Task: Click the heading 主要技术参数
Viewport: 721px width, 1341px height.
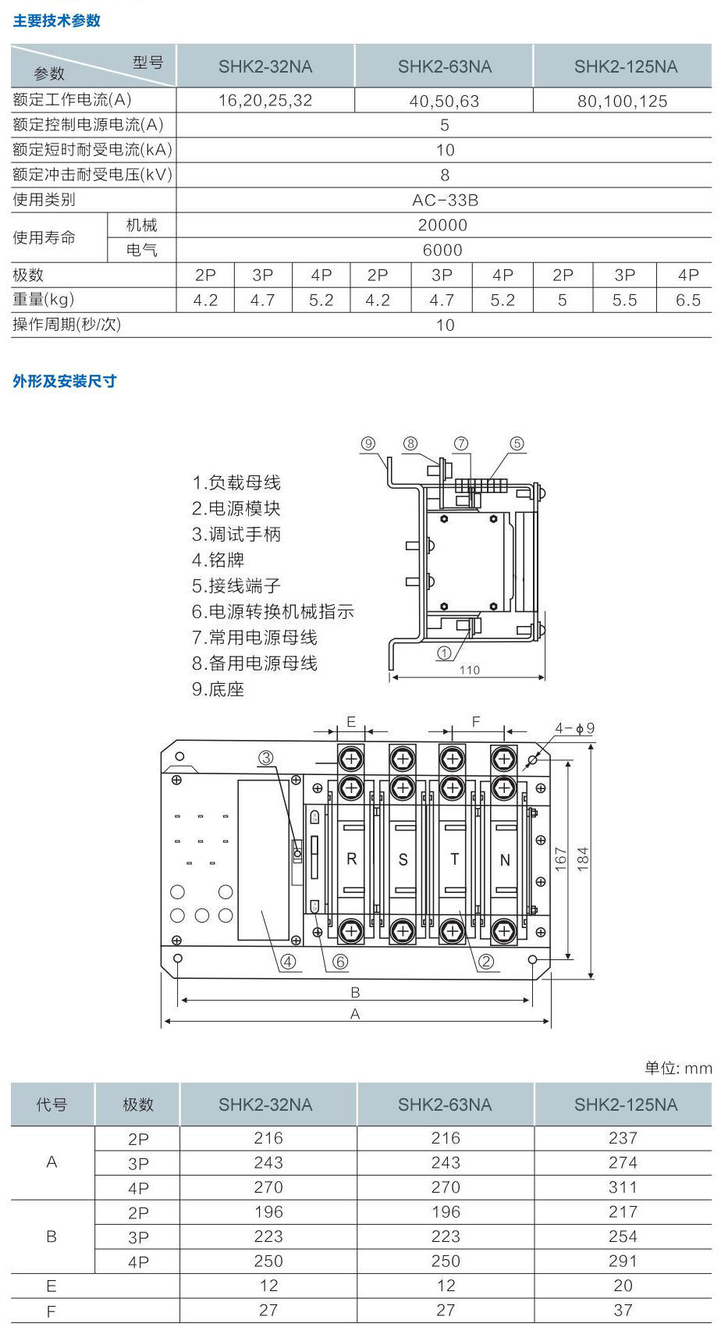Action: (x=57, y=21)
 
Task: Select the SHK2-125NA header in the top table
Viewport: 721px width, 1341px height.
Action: (x=626, y=67)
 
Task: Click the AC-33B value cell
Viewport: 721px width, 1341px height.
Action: (x=445, y=201)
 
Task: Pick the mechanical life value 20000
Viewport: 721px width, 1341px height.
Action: (x=442, y=226)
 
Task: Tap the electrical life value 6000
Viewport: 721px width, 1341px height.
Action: (x=442, y=251)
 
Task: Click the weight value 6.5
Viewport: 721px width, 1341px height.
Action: (x=687, y=301)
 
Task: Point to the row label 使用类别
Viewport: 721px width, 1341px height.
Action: (x=44, y=200)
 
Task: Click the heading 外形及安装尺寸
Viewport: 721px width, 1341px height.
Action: (x=65, y=382)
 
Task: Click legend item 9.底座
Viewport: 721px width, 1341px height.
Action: (x=218, y=689)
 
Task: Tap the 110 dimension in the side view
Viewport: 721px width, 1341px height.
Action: (x=470, y=670)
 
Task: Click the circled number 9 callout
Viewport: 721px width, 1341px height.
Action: (x=368, y=444)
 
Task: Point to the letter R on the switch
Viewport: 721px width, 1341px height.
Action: (x=351, y=859)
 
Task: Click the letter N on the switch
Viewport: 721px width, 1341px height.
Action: (x=505, y=860)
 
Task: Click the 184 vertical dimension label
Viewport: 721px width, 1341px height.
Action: (x=584, y=859)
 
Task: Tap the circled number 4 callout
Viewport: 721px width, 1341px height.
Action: (x=288, y=962)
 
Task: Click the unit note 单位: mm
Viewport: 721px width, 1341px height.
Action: (x=678, y=1069)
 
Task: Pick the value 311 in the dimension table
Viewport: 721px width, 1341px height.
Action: (x=623, y=1188)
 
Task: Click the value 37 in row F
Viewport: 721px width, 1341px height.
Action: (x=623, y=1311)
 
